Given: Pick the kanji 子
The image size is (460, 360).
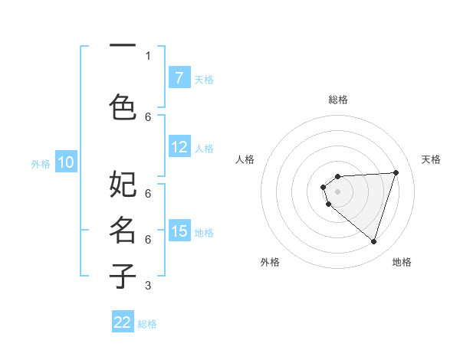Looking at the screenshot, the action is [123, 276].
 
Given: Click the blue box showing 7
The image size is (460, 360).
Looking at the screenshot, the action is [179, 78].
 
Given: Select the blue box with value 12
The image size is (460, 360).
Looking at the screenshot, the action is [179, 147].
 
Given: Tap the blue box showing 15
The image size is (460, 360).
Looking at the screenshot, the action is [179, 231].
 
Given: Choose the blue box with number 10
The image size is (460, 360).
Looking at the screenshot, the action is [66, 162].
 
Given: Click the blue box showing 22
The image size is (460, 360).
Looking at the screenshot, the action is [123, 322].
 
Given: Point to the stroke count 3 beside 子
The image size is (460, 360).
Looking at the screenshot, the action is [148, 286].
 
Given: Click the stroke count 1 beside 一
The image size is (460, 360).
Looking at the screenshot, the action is [148, 56].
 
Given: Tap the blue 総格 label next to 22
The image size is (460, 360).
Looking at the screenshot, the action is [147, 324].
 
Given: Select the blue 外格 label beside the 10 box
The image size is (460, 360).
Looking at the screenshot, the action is [40, 163].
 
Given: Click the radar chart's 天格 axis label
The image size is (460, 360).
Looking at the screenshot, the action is [431, 159].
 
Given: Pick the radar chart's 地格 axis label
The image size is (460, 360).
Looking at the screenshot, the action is [402, 262].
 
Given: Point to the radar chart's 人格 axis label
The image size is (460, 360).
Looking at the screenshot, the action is [245, 159].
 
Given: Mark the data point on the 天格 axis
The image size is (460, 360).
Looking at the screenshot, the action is [396, 172].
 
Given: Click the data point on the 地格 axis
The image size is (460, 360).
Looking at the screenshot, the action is [373, 241].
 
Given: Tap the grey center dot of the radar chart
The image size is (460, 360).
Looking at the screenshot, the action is [337, 191].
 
